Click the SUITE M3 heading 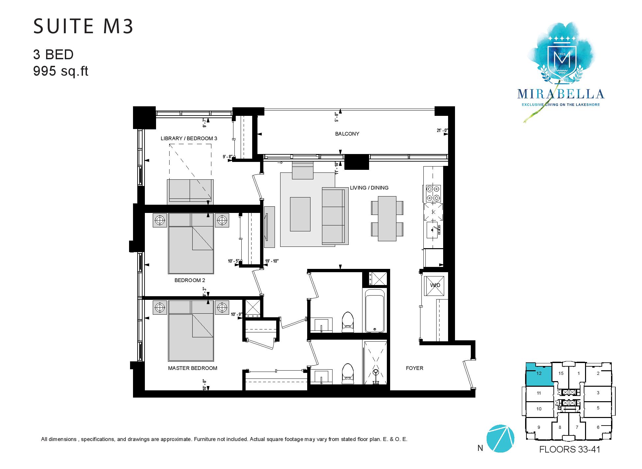[x=83, y=27]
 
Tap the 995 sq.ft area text [x=61, y=71]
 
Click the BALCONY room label [x=347, y=134]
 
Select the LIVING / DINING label [x=369, y=188]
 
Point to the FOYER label [x=415, y=368]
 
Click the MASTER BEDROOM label [x=193, y=368]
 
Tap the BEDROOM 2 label [x=190, y=280]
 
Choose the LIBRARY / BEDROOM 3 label [x=189, y=139]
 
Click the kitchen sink [x=433, y=229]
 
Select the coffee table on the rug [x=300, y=214]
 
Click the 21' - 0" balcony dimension [x=442, y=130]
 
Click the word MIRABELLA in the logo [x=561, y=94]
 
